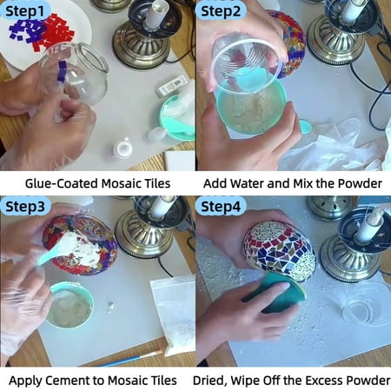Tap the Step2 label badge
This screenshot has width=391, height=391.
pyautogui.click(x=221, y=11)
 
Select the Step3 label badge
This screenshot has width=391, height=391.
pyautogui.click(x=25, y=207)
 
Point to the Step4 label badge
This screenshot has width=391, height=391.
pyautogui.click(x=221, y=207)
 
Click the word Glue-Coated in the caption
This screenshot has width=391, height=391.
pyautogui.click(x=62, y=183)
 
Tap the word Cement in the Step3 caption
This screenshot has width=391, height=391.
pyautogui.click(x=76, y=381)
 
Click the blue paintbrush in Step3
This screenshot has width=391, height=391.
pyautogui.click(x=131, y=359)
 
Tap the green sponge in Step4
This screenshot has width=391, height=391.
pyautogui.click(x=275, y=293)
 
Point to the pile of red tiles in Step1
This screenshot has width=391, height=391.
pyautogui.click(x=55, y=31)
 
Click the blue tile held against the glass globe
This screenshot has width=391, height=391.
pyautogui.click(x=62, y=71)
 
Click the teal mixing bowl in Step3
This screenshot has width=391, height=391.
pyautogui.click(x=70, y=305)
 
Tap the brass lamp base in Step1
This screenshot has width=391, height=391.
pyautogui.click(x=141, y=43)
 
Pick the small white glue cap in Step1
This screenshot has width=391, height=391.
pyautogui.click(x=123, y=148)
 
